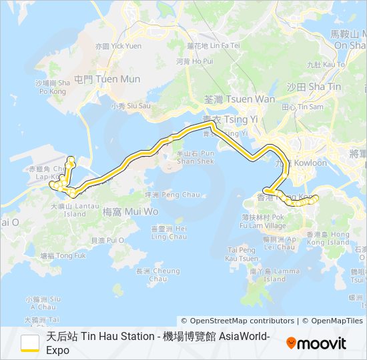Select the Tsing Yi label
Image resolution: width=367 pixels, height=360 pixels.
tap(230, 119)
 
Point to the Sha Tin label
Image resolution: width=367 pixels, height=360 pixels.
tap(314, 87)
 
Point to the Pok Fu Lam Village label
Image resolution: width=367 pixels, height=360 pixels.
tap(264, 221)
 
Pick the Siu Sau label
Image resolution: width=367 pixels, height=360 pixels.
tap(131, 106)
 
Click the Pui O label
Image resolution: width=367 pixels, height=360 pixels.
tap(107, 240)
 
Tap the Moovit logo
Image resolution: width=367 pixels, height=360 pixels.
tap(316, 343)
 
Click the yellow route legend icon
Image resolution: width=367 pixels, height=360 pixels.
tap(30, 343)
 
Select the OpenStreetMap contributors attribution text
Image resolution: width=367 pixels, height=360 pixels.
tap(238, 321)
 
